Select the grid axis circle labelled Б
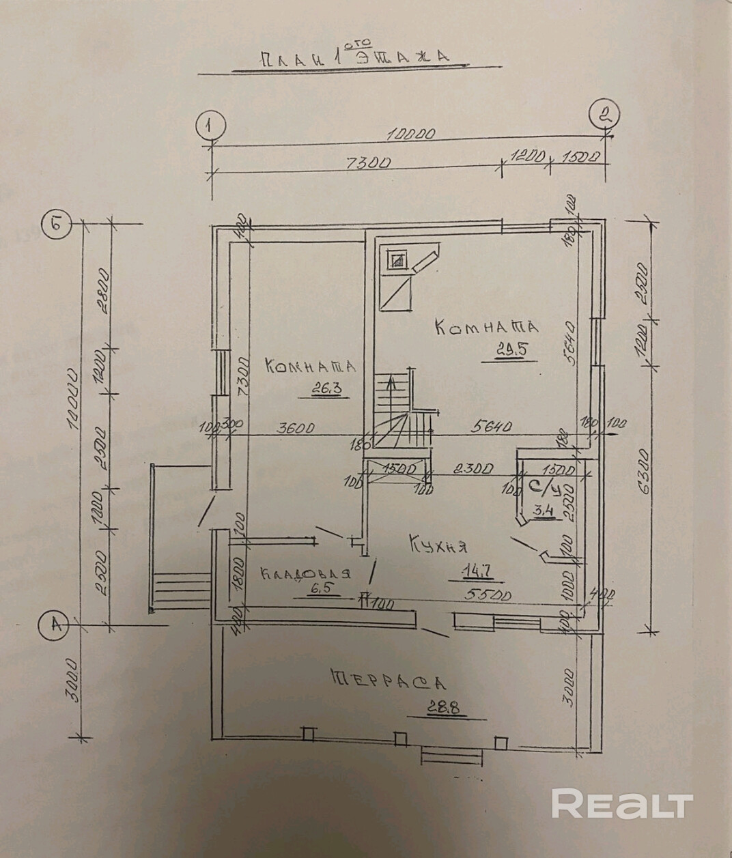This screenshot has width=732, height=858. click(54, 225)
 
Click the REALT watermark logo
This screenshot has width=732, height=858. click(622, 804)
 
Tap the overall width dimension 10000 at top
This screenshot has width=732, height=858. click(410, 135)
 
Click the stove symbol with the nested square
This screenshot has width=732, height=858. click(397, 260)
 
